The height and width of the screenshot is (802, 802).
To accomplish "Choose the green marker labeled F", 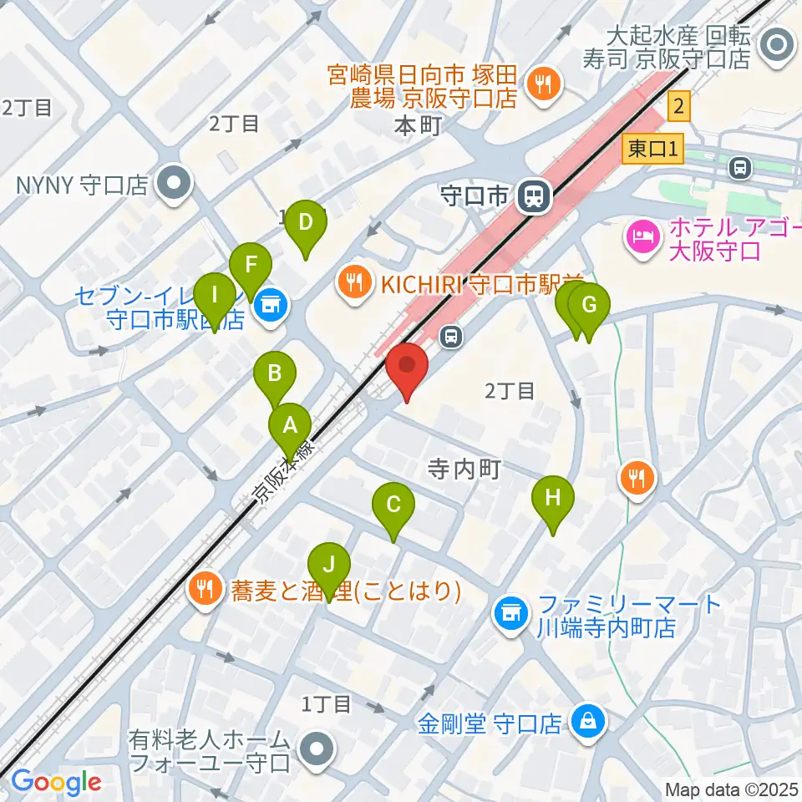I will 250,267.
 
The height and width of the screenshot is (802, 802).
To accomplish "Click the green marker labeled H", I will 552,500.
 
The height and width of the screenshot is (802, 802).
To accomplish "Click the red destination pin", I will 407,368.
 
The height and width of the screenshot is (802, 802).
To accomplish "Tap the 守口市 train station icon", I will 532,197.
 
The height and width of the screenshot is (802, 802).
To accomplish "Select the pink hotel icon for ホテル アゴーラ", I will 642,239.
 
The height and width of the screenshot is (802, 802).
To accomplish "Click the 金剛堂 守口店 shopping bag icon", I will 588,721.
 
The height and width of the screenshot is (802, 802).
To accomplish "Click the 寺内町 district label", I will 463,471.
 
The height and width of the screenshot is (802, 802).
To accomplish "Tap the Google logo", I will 56,782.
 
